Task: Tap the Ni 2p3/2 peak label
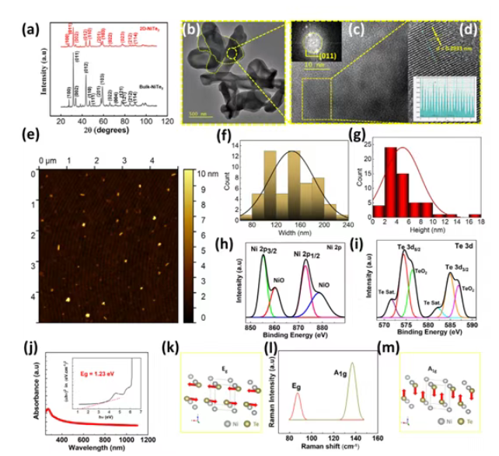(x=264, y=249)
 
